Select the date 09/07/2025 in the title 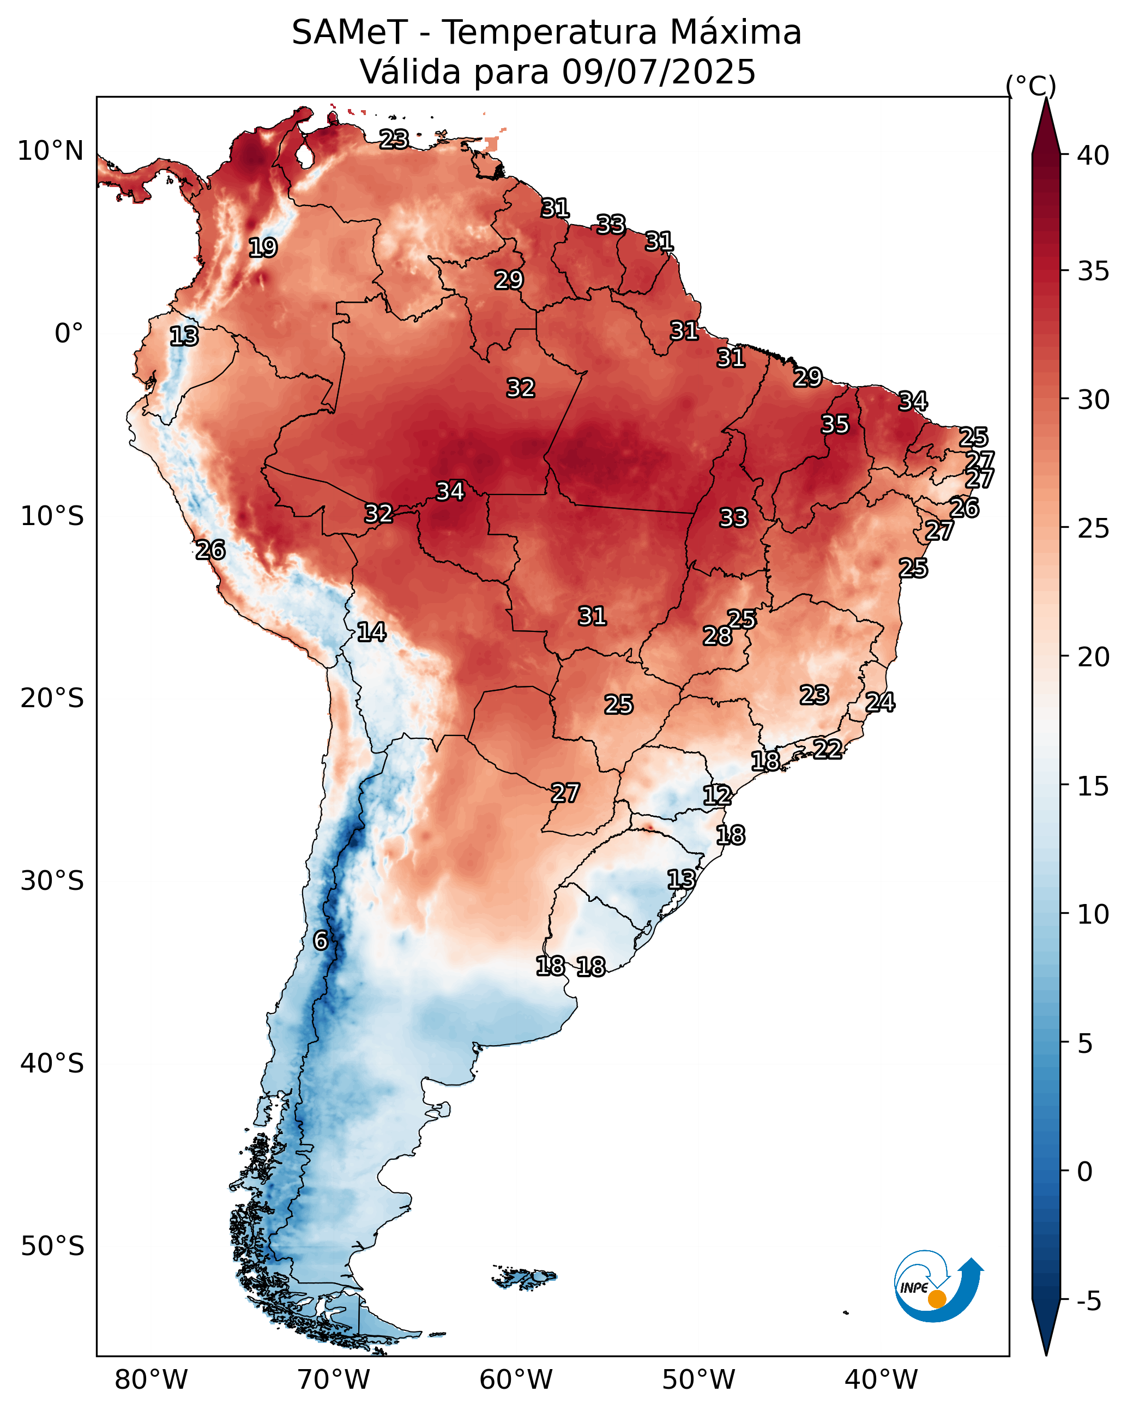[659, 72]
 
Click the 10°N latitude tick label [50, 151]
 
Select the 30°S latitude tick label [52, 881]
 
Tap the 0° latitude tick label [69, 334]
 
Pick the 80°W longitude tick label [151, 1379]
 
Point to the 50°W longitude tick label [698, 1379]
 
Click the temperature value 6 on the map [321, 941]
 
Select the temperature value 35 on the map [835, 424]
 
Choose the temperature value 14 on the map [371, 632]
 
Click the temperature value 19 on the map [263, 247]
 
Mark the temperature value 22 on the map [828, 749]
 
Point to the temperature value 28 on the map [718, 636]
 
